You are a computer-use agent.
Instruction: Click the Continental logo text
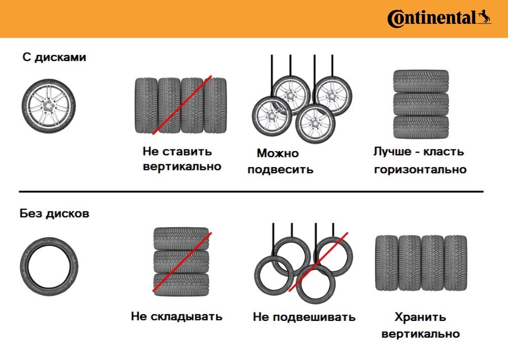point(431,18)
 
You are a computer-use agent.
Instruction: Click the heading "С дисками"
point(54,57)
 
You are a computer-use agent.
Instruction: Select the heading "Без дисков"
point(54,214)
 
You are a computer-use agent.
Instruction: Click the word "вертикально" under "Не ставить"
point(182,167)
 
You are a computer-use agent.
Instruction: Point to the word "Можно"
point(278,153)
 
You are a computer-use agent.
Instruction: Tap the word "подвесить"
point(280,170)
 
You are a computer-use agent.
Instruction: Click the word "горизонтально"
point(420,170)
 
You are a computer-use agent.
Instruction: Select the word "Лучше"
point(392,152)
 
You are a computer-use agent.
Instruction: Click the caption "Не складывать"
point(177,317)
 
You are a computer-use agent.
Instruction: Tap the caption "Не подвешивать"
point(304,317)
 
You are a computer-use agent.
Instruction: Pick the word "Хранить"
point(420,317)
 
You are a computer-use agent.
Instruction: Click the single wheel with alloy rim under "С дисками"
point(49,106)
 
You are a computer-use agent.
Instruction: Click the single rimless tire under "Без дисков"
point(49,266)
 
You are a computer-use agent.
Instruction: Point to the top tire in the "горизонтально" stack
point(421,81)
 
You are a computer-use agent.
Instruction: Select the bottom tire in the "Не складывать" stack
point(181,284)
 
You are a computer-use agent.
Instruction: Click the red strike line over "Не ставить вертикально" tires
point(182,105)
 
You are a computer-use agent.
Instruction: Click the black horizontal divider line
point(251,192)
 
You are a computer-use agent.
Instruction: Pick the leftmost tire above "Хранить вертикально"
point(387,263)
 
